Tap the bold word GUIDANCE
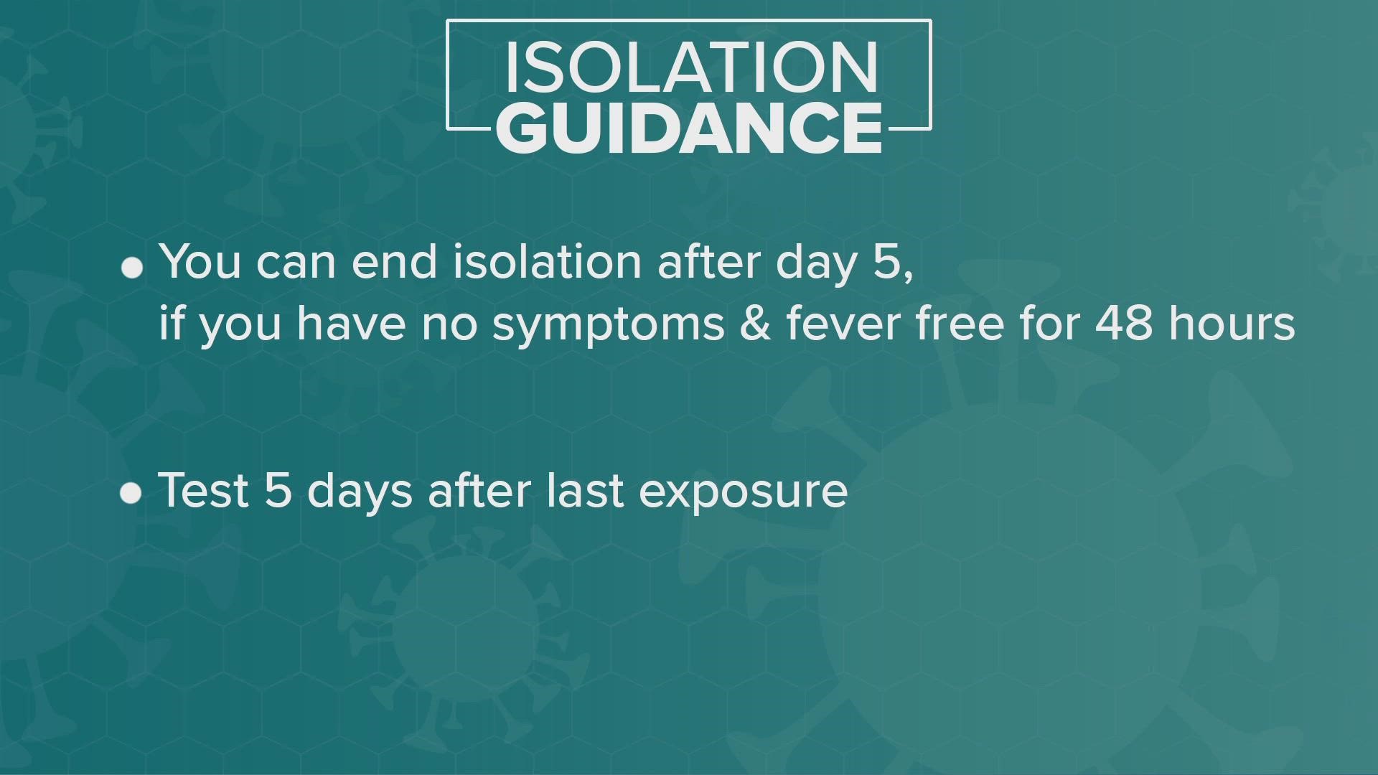[x=689, y=127]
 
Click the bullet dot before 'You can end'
[x=132, y=268]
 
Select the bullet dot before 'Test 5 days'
[x=131, y=494]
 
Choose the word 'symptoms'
[x=609, y=324]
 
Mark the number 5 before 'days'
[x=278, y=491]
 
